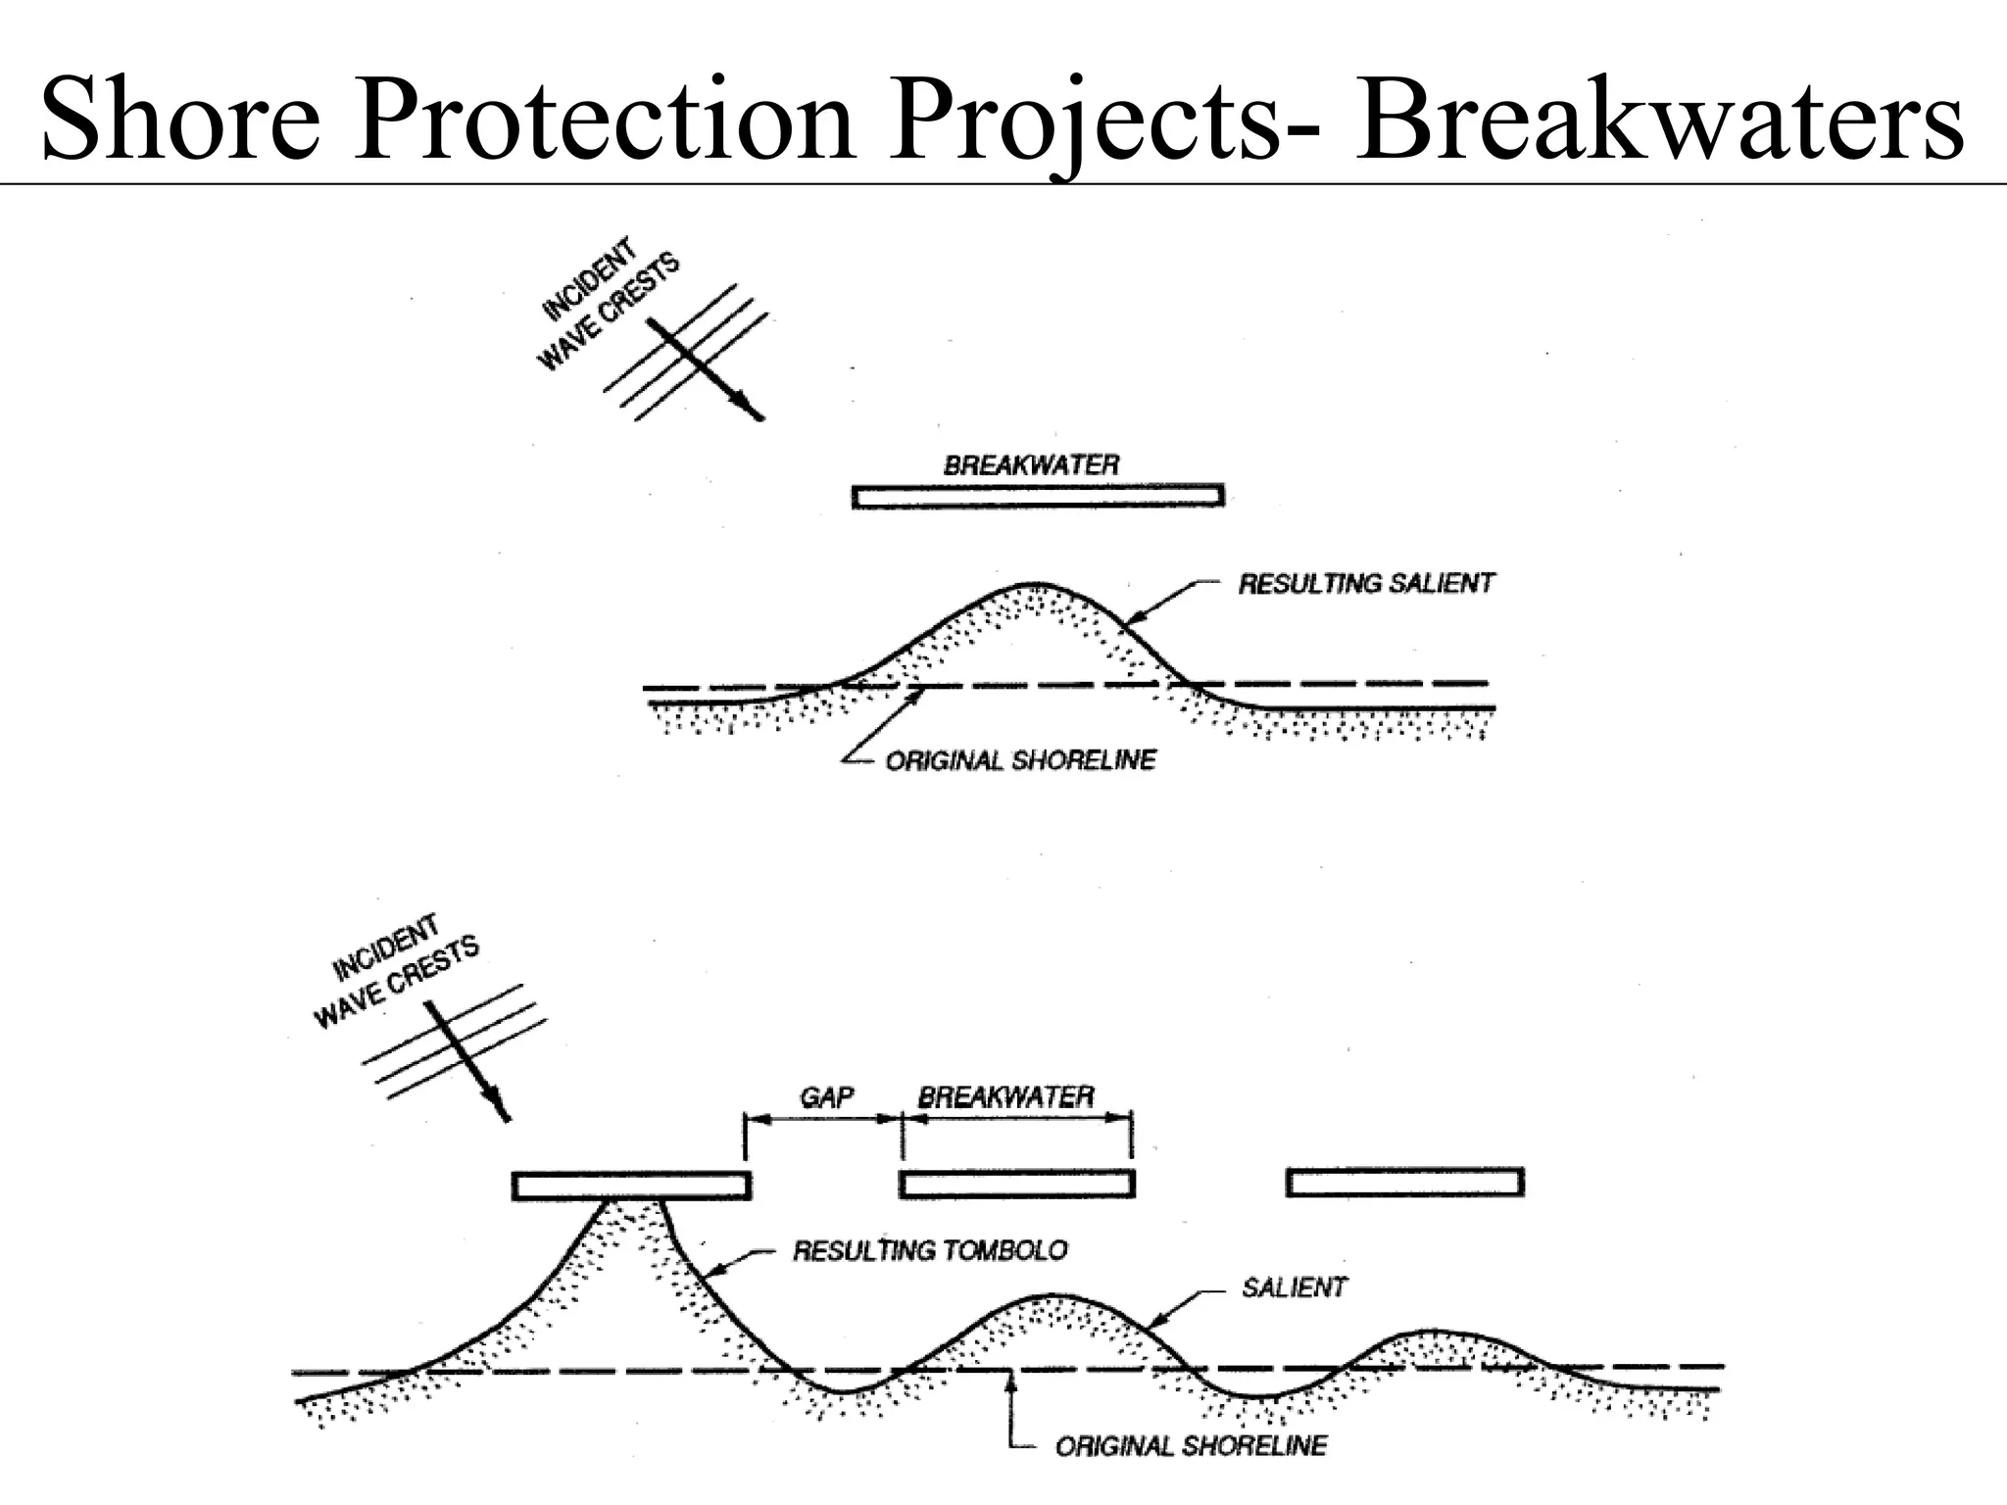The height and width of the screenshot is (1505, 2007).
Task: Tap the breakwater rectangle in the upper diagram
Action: tap(1038, 496)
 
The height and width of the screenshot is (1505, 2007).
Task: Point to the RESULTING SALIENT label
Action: tap(1366, 584)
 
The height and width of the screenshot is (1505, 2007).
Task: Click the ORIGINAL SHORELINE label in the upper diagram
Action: tap(1020, 760)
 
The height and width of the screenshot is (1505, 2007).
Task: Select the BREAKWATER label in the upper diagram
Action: tap(1031, 464)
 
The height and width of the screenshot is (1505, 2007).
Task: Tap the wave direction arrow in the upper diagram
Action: tap(706, 370)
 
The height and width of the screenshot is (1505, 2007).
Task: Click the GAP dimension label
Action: tap(826, 1096)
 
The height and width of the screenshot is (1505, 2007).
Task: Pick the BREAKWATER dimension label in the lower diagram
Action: tap(1005, 1096)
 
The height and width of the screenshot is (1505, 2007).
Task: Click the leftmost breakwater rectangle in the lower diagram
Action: tap(631, 1186)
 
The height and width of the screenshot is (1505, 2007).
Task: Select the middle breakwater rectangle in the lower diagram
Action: tap(1016, 1184)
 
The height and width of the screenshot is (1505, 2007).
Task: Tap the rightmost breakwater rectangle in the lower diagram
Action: tap(1404, 1183)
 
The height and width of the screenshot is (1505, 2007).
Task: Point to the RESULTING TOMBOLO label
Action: tap(930, 1250)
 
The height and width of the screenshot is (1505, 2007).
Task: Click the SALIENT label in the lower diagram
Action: tap(1294, 1287)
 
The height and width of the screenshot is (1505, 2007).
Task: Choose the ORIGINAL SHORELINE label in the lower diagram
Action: tap(1191, 1445)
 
